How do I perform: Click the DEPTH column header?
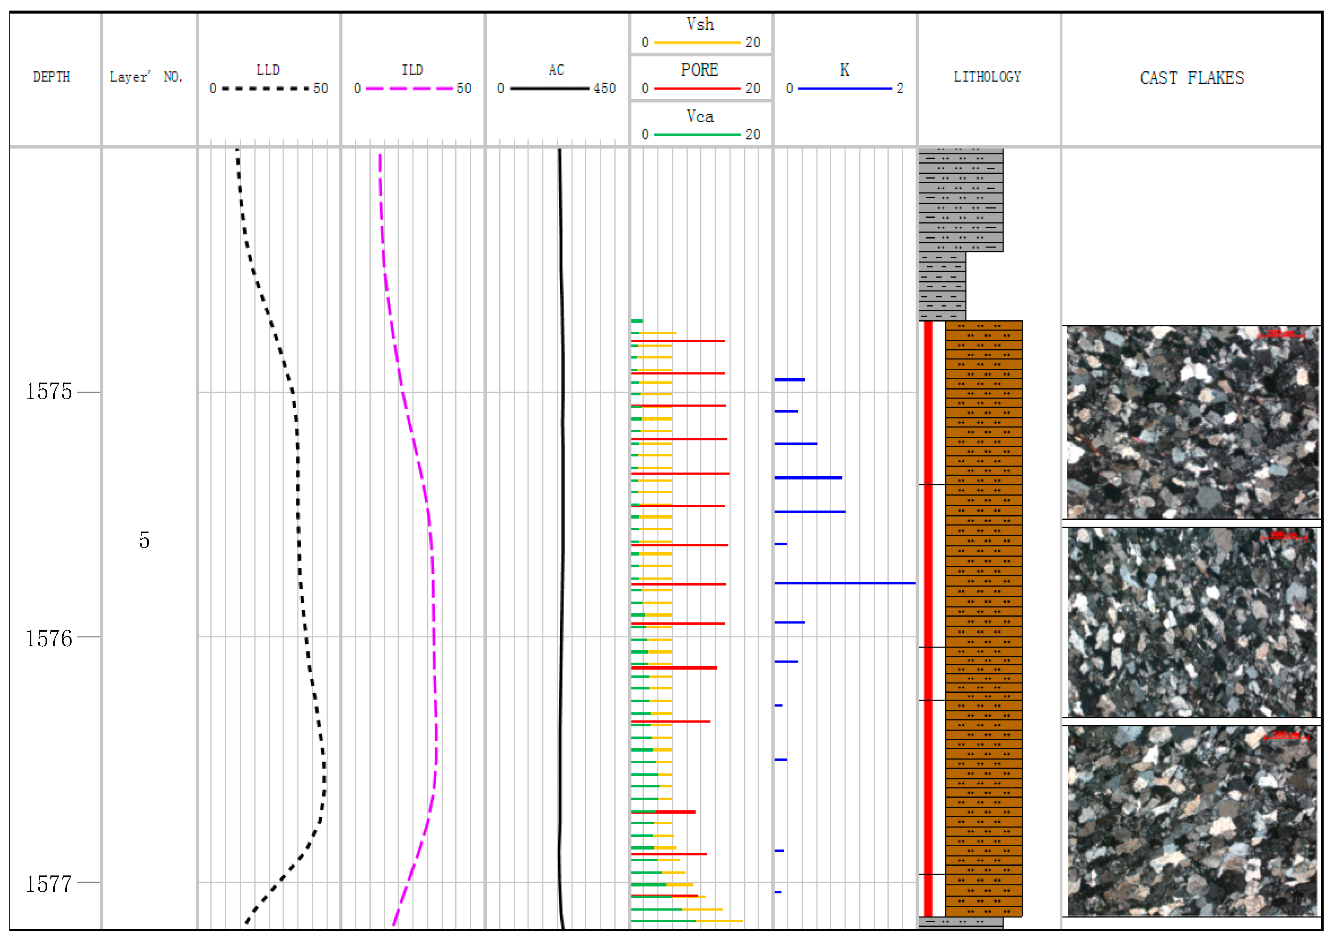[x=51, y=77]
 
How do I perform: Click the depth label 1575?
[x=49, y=392]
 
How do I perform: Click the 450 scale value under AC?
[x=604, y=89]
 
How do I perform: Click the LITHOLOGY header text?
[x=987, y=77]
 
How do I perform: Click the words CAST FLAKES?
[x=1191, y=78]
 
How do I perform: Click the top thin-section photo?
[x=1191, y=422]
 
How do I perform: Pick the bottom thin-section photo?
[x=1191, y=821]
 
